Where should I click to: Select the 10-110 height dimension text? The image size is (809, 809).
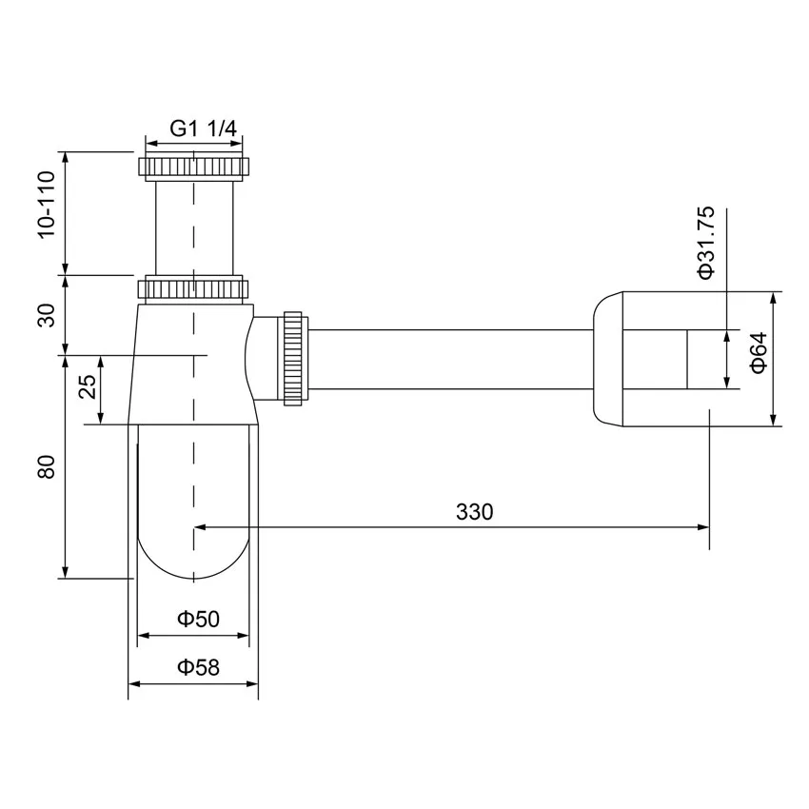(x=45, y=211)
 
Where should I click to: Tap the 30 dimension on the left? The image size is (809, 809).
(x=45, y=315)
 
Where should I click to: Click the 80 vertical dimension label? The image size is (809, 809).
(x=45, y=466)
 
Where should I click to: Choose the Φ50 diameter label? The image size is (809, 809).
(x=198, y=619)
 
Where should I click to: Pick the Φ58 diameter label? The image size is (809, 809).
(x=198, y=667)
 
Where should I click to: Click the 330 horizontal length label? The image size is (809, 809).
(x=474, y=512)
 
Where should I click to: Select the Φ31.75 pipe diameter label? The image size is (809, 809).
(x=705, y=245)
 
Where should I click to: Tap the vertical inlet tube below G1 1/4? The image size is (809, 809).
(x=193, y=228)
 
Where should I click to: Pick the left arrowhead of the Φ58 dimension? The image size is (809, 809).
(x=133, y=684)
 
